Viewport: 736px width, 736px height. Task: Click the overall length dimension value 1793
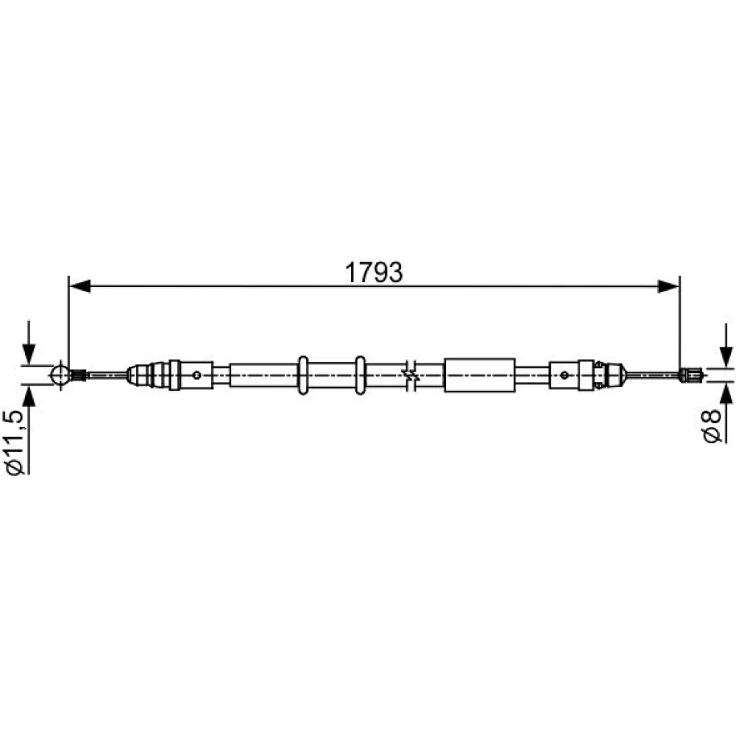point(374,272)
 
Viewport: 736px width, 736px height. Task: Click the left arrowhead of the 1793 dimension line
point(79,286)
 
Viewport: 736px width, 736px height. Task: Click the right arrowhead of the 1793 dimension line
point(668,286)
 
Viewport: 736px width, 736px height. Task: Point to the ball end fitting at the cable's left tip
point(60,375)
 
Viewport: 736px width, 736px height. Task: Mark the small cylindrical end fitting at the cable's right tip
point(691,375)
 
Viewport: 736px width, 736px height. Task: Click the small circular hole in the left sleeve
point(197,375)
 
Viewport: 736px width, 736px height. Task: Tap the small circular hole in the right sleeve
point(565,375)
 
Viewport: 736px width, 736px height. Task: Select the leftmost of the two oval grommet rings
point(303,375)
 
